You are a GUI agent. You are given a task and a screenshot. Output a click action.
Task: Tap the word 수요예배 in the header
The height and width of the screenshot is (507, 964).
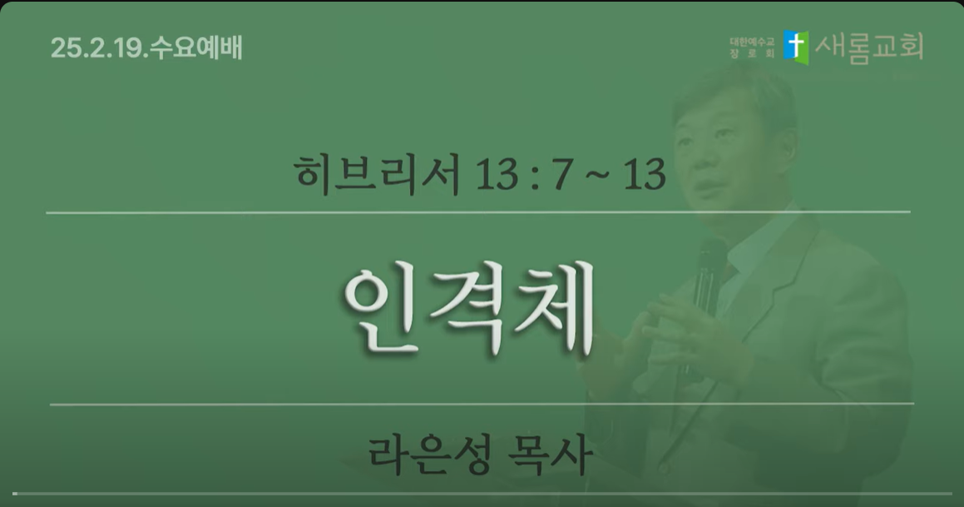196,48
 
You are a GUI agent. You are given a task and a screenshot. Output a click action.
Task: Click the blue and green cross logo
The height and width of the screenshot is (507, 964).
795,47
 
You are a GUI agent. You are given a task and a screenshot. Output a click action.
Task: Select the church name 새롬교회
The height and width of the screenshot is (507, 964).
869,47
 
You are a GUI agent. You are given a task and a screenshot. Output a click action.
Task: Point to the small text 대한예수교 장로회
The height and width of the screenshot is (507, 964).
752,48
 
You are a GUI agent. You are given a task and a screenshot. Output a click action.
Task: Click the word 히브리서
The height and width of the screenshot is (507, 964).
378,174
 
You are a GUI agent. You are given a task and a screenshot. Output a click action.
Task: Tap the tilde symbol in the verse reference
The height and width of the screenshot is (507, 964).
596,176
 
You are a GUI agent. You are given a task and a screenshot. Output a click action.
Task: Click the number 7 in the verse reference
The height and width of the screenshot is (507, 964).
562,175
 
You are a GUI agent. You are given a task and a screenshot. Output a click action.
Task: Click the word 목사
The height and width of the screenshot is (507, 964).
551,455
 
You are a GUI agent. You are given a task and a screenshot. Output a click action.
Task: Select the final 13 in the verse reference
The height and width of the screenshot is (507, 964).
645,175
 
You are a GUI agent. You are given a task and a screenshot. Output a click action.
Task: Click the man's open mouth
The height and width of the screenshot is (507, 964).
706,186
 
